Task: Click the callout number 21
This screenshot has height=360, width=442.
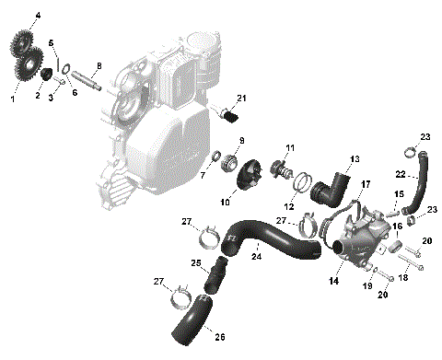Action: click(x=242, y=98)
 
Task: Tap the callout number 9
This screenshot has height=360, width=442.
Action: click(x=241, y=140)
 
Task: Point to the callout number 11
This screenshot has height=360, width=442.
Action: click(x=290, y=147)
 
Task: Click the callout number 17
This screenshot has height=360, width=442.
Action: click(x=365, y=184)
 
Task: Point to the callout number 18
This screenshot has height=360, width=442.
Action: click(x=403, y=276)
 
